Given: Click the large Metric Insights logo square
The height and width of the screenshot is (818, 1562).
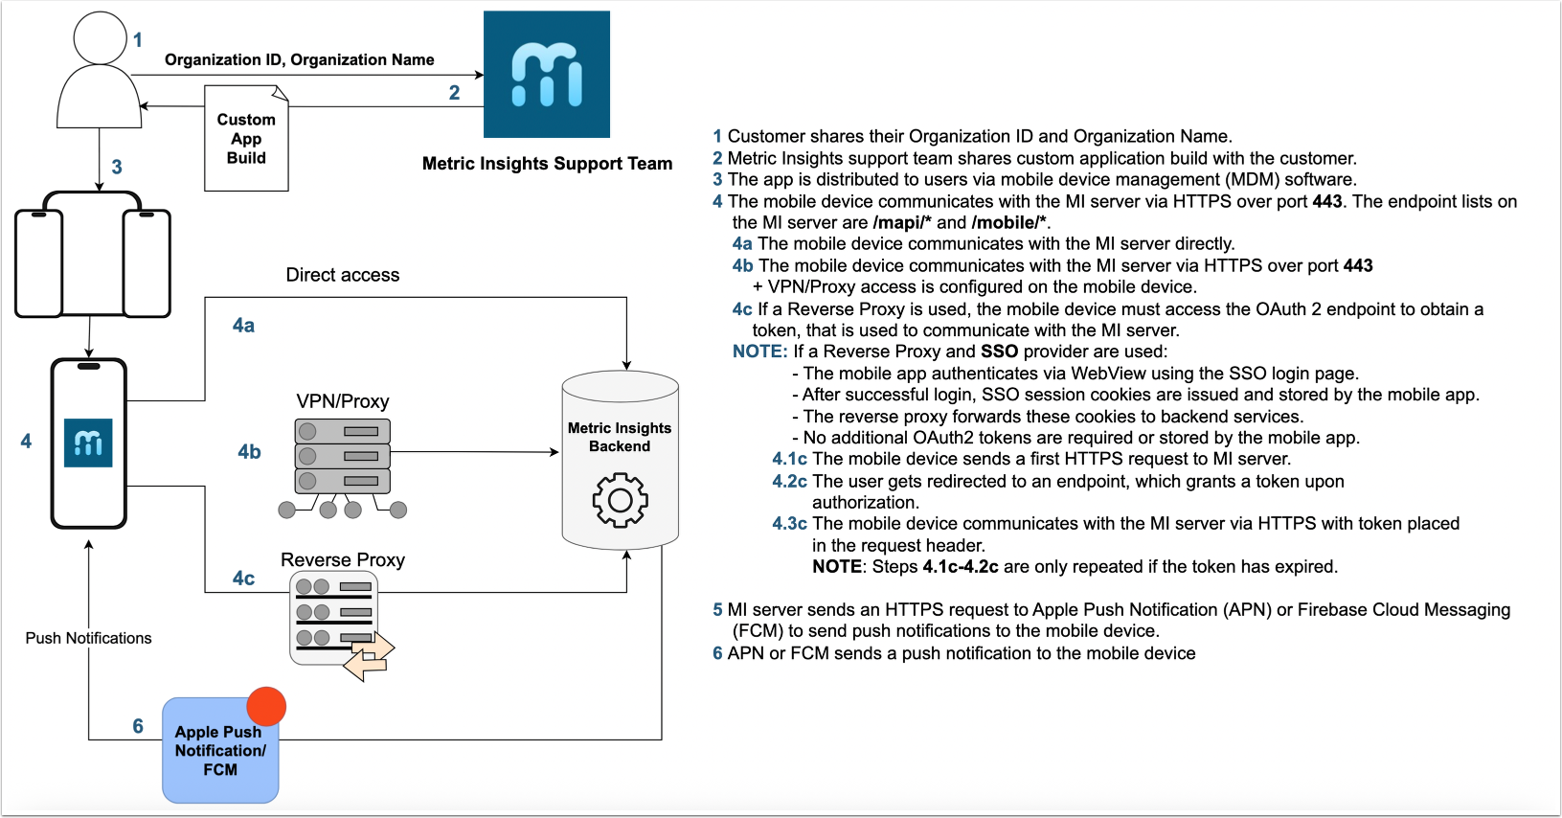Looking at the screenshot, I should [x=546, y=74].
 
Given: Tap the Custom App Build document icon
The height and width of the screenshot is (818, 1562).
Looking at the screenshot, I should [x=246, y=138].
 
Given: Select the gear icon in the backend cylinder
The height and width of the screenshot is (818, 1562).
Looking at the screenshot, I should [x=620, y=499].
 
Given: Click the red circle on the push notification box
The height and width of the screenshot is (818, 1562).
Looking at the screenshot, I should [x=266, y=707].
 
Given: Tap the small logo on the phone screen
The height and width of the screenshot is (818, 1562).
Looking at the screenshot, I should [x=88, y=443].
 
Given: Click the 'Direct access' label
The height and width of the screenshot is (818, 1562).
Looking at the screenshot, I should [x=343, y=275].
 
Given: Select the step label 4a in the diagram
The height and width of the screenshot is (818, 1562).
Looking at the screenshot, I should [x=243, y=326].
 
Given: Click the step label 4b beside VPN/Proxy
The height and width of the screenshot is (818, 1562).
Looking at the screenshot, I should [x=249, y=452].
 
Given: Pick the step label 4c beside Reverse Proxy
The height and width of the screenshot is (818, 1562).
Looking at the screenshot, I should [x=243, y=579].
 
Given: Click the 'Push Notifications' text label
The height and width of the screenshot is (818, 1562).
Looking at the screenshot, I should [x=88, y=638].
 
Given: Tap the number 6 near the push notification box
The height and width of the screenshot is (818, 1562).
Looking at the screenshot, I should [x=138, y=726].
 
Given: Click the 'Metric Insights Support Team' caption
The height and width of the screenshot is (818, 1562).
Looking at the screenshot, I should [x=547, y=164].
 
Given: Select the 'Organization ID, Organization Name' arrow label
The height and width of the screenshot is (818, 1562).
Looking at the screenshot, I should [x=299, y=59].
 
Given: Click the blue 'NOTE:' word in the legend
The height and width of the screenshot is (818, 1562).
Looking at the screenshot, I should [x=759, y=352].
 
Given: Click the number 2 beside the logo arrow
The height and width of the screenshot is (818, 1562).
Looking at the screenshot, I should [x=454, y=93].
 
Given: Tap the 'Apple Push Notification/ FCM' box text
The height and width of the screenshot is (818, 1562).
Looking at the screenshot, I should [x=220, y=751].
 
